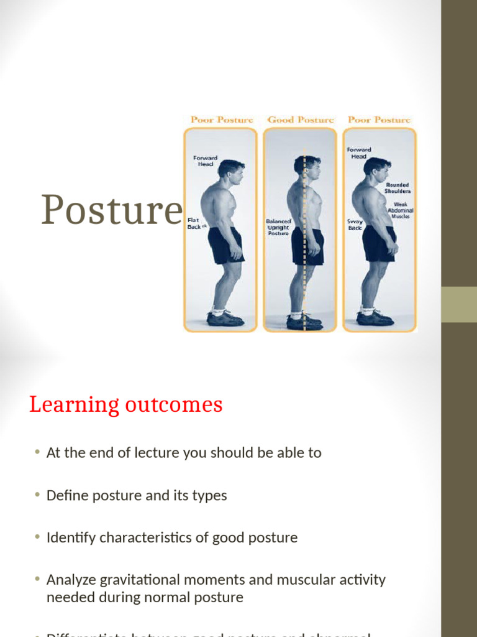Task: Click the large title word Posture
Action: coord(112,210)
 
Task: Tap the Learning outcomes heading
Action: coord(125,405)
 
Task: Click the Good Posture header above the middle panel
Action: coord(301,119)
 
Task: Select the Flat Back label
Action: coord(194,223)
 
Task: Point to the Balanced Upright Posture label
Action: coord(278,227)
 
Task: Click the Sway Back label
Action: coord(355,224)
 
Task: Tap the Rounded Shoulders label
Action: coord(397,188)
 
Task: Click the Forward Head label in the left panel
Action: coord(205,160)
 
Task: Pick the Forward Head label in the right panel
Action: coord(359,152)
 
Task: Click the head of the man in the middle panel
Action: coord(308,167)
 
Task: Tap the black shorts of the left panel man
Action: coord(225,245)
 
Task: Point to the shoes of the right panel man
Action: coord(375,318)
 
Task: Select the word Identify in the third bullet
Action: coord(69,537)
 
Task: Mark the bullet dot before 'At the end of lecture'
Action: coord(38,452)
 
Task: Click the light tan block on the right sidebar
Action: coord(459,304)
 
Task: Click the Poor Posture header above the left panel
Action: coord(222,119)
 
